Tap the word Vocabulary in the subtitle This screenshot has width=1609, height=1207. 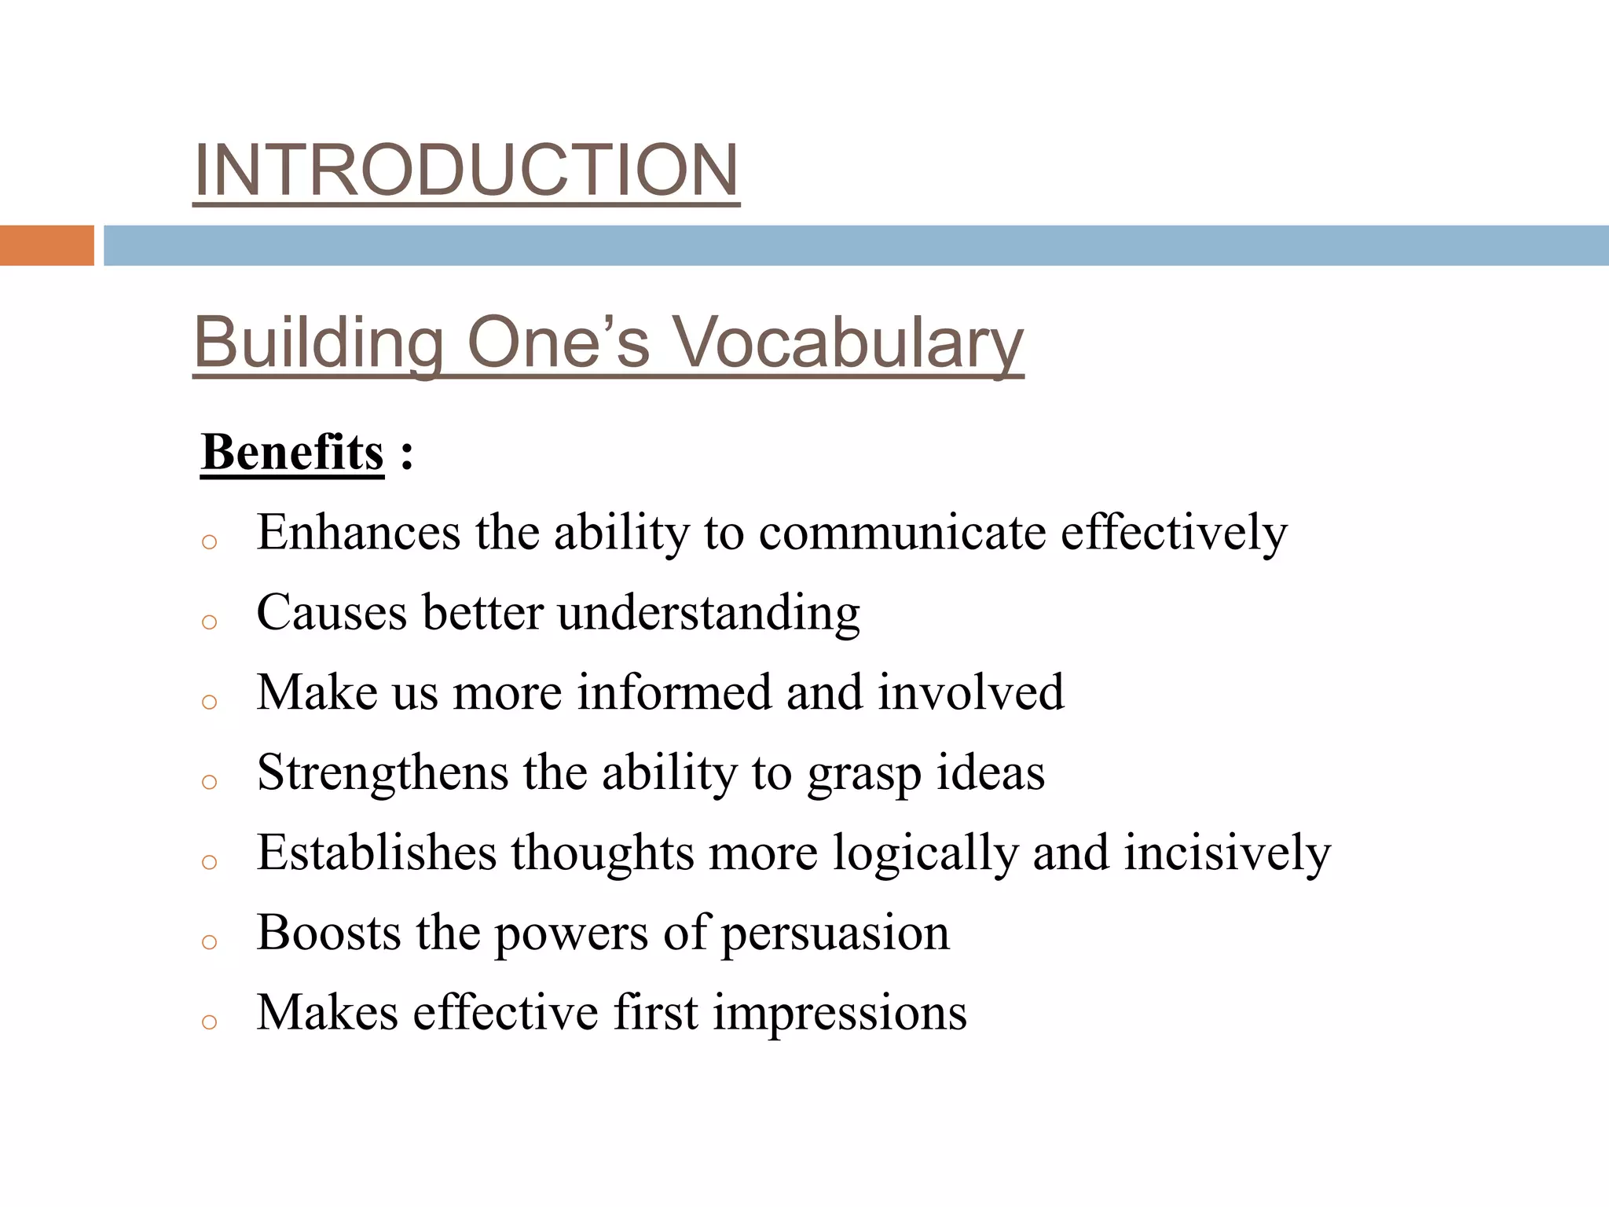click(x=848, y=343)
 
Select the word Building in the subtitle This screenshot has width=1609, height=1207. click(x=318, y=343)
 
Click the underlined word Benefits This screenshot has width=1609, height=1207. click(x=292, y=453)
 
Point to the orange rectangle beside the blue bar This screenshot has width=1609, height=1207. click(x=46, y=245)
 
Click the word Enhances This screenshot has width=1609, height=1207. click(x=358, y=533)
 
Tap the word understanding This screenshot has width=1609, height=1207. click(x=709, y=613)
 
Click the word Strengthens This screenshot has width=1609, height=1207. click(x=383, y=772)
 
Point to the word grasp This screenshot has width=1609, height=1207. click(x=864, y=774)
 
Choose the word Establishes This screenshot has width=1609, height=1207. click(x=377, y=853)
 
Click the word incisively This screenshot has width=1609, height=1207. click(x=1227, y=853)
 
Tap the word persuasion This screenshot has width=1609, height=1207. click(x=835, y=934)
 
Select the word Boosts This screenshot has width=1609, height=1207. click(x=329, y=933)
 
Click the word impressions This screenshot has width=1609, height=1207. click(x=840, y=1013)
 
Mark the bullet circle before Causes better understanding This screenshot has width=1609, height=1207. click(x=209, y=622)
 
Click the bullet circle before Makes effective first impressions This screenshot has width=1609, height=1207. click(x=209, y=1022)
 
